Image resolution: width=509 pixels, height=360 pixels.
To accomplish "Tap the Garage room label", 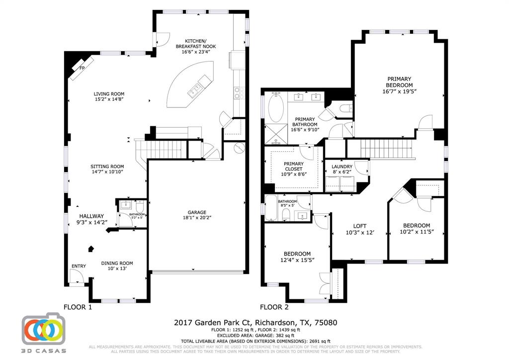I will click(197, 212).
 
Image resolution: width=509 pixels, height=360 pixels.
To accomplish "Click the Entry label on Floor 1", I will click(79, 266).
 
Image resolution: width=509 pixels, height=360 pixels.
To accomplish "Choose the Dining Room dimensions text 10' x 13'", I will click(117, 269).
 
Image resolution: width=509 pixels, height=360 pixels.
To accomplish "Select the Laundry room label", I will click(342, 167).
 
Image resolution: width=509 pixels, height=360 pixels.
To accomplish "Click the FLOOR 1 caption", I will click(78, 307).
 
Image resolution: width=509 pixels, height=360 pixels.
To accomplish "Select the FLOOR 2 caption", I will click(274, 307).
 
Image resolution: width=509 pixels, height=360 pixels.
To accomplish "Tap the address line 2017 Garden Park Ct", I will click(255, 323).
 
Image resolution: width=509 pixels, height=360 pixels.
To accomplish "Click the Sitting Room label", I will click(107, 167).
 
